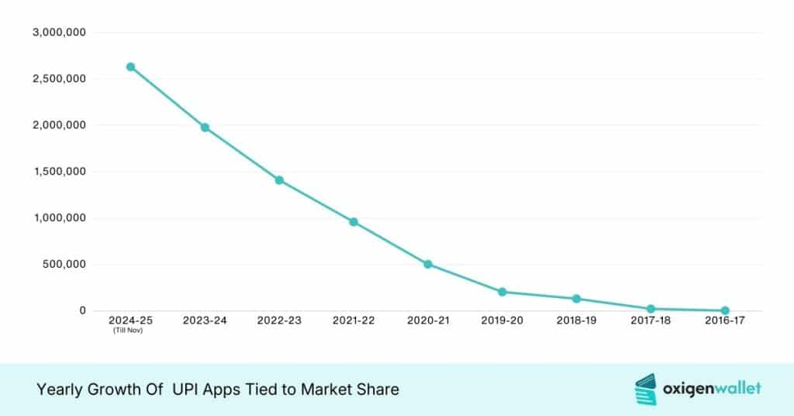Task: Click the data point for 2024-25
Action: point(131,67)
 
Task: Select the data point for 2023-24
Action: point(205,127)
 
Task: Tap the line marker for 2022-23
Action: point(279,180)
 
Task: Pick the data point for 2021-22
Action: point(354,222)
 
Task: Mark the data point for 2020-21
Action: point(428,264)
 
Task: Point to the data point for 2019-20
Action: point(502,292)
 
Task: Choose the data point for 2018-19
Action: point(577,299)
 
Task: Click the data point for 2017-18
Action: point(651,309)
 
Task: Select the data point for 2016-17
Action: point(726,310)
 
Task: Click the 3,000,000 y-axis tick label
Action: point(59,33)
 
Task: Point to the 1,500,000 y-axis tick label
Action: point(59,172)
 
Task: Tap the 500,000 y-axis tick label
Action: point(64,265)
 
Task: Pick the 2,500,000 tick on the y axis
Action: point(59,79)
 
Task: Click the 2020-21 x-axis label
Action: point(428,320)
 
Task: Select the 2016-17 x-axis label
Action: point(726,320)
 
